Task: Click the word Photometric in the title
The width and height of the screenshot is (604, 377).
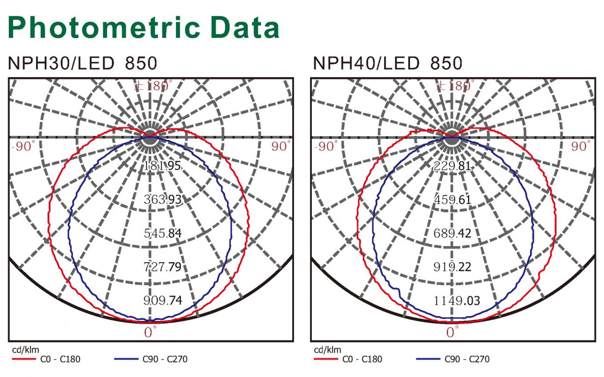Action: click(104, 27)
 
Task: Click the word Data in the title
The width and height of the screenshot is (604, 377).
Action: click(245, 27)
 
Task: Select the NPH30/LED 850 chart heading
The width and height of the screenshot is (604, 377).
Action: click(83, 63)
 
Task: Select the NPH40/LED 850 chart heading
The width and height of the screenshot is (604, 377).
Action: click(388, 63)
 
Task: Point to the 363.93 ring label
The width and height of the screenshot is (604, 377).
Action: click(163, 200)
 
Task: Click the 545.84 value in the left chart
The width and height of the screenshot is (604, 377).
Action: click(163, 233)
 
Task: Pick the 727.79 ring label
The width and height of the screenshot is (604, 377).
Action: click(163, 267)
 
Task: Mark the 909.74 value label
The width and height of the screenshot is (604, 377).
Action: click(163, 300)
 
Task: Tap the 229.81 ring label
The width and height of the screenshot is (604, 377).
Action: click(452, 166)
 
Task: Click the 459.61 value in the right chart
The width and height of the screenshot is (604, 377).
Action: click(453, 200)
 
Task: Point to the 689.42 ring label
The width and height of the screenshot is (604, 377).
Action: click(452, 233)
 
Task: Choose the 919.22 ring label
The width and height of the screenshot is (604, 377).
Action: click(452, 267)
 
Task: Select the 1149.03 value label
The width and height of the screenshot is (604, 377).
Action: click(457, 301)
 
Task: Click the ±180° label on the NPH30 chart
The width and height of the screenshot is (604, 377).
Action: click(153, 86)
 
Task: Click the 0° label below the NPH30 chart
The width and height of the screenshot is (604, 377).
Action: click(150, 332)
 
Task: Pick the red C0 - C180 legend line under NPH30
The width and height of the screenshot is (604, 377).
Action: click(24, 359)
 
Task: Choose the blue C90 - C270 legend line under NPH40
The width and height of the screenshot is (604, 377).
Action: click(428, 359)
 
